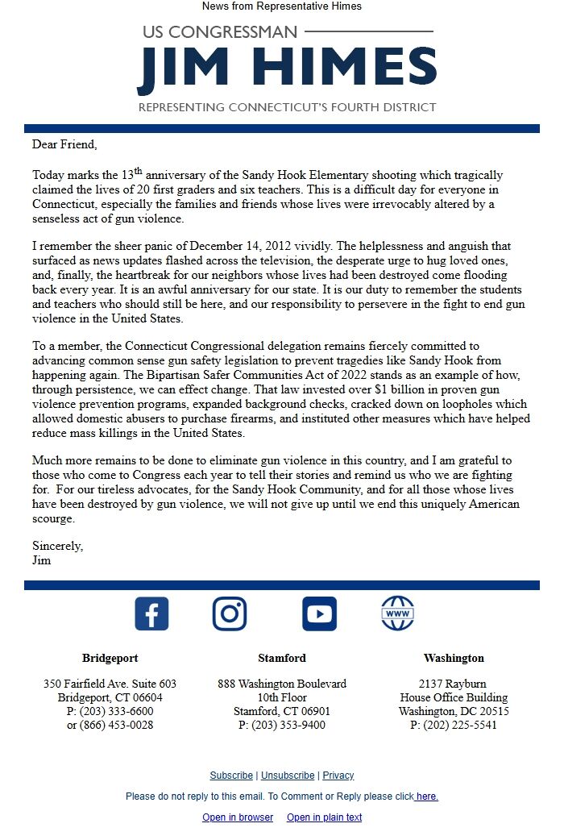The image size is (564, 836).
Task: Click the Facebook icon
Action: [x=151, y=614]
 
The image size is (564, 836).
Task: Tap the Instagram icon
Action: [x=230, y=614]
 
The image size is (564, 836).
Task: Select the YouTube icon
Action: [x=319, y=614]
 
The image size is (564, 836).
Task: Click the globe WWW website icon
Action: [x=397, y=614]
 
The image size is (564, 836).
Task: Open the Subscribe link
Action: [x=231, y=776]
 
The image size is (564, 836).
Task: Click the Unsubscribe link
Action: [x=288, y=776]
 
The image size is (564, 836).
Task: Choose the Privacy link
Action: [x=338, y=776]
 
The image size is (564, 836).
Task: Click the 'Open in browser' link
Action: [x=238, y=817]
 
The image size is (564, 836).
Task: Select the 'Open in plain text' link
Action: [x=324, y=817]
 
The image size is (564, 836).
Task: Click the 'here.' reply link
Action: [x=427, y=796]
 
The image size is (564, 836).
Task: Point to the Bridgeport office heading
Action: [x=110, y=658]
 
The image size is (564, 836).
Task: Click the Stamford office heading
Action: [x=282, y=658]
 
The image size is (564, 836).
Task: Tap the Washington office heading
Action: [x=454, y=658]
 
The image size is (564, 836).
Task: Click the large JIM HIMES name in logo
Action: [x=287, y=69]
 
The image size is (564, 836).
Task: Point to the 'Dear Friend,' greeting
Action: [x=64, y=145]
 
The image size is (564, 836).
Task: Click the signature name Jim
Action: [x=41, y=559]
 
